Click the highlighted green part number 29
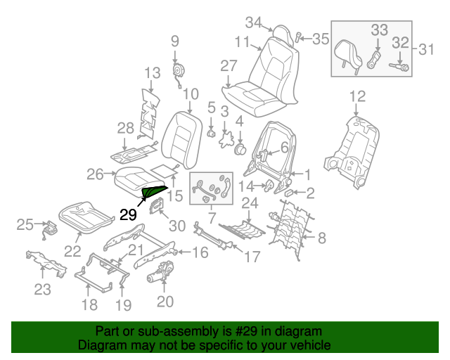pyautogui.click(x=155, y=190)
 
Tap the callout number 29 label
pyautogui.click(x=128, y=215)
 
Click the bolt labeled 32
pyautogui.click(x=404, y=67)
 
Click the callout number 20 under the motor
pyautogui.click(x=165, y=302)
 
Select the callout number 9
pyautogui.click(x=174, y=41)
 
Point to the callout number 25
pyautogui.click(x=26, y=225)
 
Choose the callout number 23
pyautogui.click(x=42, y=290)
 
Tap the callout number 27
pyautogui.click(x=229, y=66)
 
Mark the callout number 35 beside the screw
pyautogui.click(x=320, y=39)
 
